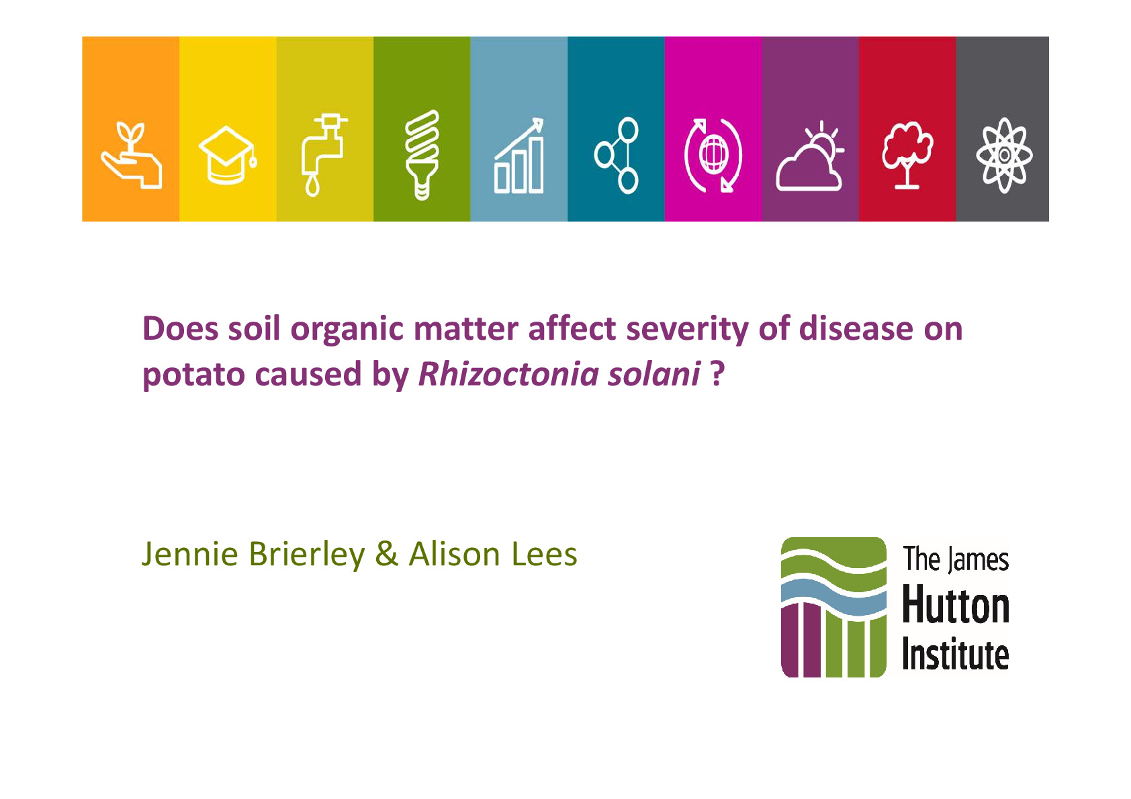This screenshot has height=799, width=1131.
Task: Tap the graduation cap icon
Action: pos(228,156)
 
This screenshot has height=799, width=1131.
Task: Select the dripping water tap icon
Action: pos(324,154)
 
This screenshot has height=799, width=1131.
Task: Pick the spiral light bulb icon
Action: pos(422,154)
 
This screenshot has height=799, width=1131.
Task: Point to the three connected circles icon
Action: pos(617,155)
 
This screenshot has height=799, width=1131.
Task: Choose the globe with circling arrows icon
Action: pos(713,155)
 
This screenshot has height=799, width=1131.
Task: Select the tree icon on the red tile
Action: pos(907,155)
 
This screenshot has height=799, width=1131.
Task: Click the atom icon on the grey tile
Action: pos(1004,155)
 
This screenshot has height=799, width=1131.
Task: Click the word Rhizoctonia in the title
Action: pos(508,374)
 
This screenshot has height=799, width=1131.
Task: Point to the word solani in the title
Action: pos(654,374)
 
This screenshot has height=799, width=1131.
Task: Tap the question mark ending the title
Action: pos(717,374)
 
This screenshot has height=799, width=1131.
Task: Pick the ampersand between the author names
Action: pos(386,555)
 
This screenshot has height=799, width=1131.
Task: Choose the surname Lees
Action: pos(544,555)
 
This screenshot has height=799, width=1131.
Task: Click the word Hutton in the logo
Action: pos(955,604)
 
